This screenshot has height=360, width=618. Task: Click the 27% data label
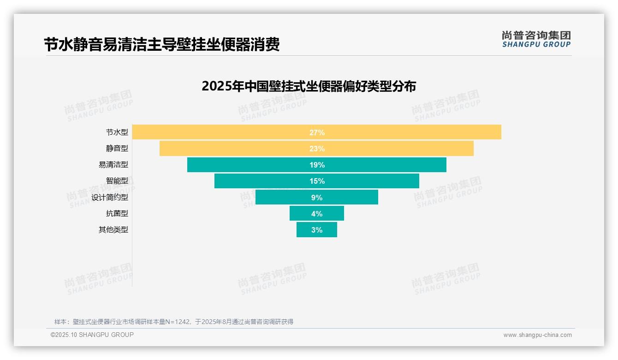317,132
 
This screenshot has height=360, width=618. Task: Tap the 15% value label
317,181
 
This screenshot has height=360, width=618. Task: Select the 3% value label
317,230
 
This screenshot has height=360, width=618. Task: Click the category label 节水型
117,132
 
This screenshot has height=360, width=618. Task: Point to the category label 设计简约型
109,198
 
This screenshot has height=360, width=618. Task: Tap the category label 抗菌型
117,214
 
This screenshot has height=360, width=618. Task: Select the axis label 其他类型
113,230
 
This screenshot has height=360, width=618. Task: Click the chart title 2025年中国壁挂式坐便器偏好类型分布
309,86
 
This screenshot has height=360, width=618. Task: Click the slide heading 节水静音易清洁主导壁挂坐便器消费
161,45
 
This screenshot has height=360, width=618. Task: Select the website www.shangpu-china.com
537,335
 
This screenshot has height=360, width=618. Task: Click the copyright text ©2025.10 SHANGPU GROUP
92,335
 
